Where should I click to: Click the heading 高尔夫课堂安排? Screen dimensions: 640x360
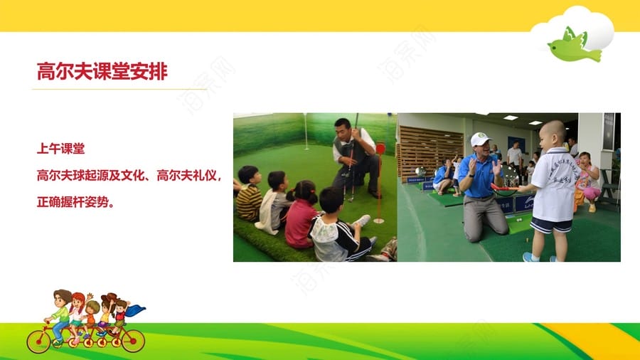102,71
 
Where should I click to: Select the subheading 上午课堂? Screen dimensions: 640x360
61,149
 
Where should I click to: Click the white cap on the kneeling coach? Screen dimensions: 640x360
480,139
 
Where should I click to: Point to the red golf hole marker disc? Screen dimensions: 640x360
380,149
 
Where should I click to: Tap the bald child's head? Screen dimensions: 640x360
553,132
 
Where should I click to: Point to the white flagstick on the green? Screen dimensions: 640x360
305,132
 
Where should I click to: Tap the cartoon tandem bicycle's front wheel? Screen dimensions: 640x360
133,340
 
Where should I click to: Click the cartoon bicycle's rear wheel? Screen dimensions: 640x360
39,342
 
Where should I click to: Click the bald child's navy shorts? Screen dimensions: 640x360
551,226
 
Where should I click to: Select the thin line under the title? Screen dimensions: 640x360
119,89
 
